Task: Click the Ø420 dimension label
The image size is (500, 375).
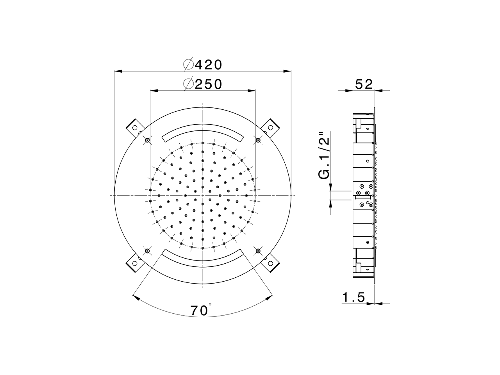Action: point(203,64)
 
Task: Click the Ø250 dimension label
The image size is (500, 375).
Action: point(203,84)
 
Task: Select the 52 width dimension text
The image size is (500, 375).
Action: point(364,84)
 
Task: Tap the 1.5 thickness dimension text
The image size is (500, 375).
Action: point(354,298)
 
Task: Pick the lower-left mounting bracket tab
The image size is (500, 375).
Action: point(134,263)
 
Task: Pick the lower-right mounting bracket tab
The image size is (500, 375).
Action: point(270,263)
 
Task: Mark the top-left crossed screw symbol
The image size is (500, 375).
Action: point(147,140)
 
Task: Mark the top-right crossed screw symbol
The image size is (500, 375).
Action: point(257,140)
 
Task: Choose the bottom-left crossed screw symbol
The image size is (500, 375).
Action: point(147,251)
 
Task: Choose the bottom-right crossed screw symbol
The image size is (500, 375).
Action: point(257,251)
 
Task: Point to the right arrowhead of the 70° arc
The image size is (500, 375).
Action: point(268,298)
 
